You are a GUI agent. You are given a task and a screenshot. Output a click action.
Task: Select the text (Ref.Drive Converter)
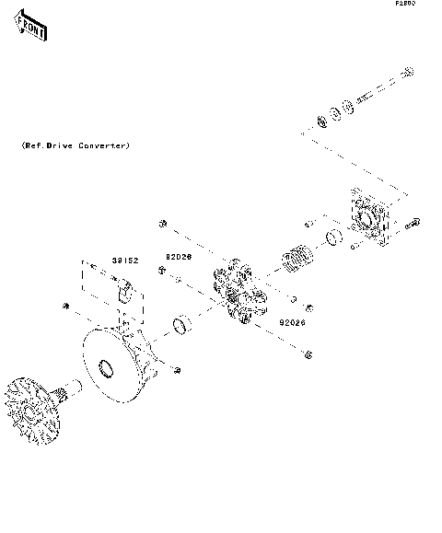pos(76,146)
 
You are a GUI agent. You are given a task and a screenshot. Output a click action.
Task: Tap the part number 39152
pos(124,261)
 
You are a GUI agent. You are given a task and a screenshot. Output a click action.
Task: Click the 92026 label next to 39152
pos(178,258)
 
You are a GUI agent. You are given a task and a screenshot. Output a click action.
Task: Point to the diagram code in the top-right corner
pos(405,5)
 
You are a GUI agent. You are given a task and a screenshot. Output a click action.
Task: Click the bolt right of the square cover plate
pos(413,222)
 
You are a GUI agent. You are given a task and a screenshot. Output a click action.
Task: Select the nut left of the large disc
pos(64,305)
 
